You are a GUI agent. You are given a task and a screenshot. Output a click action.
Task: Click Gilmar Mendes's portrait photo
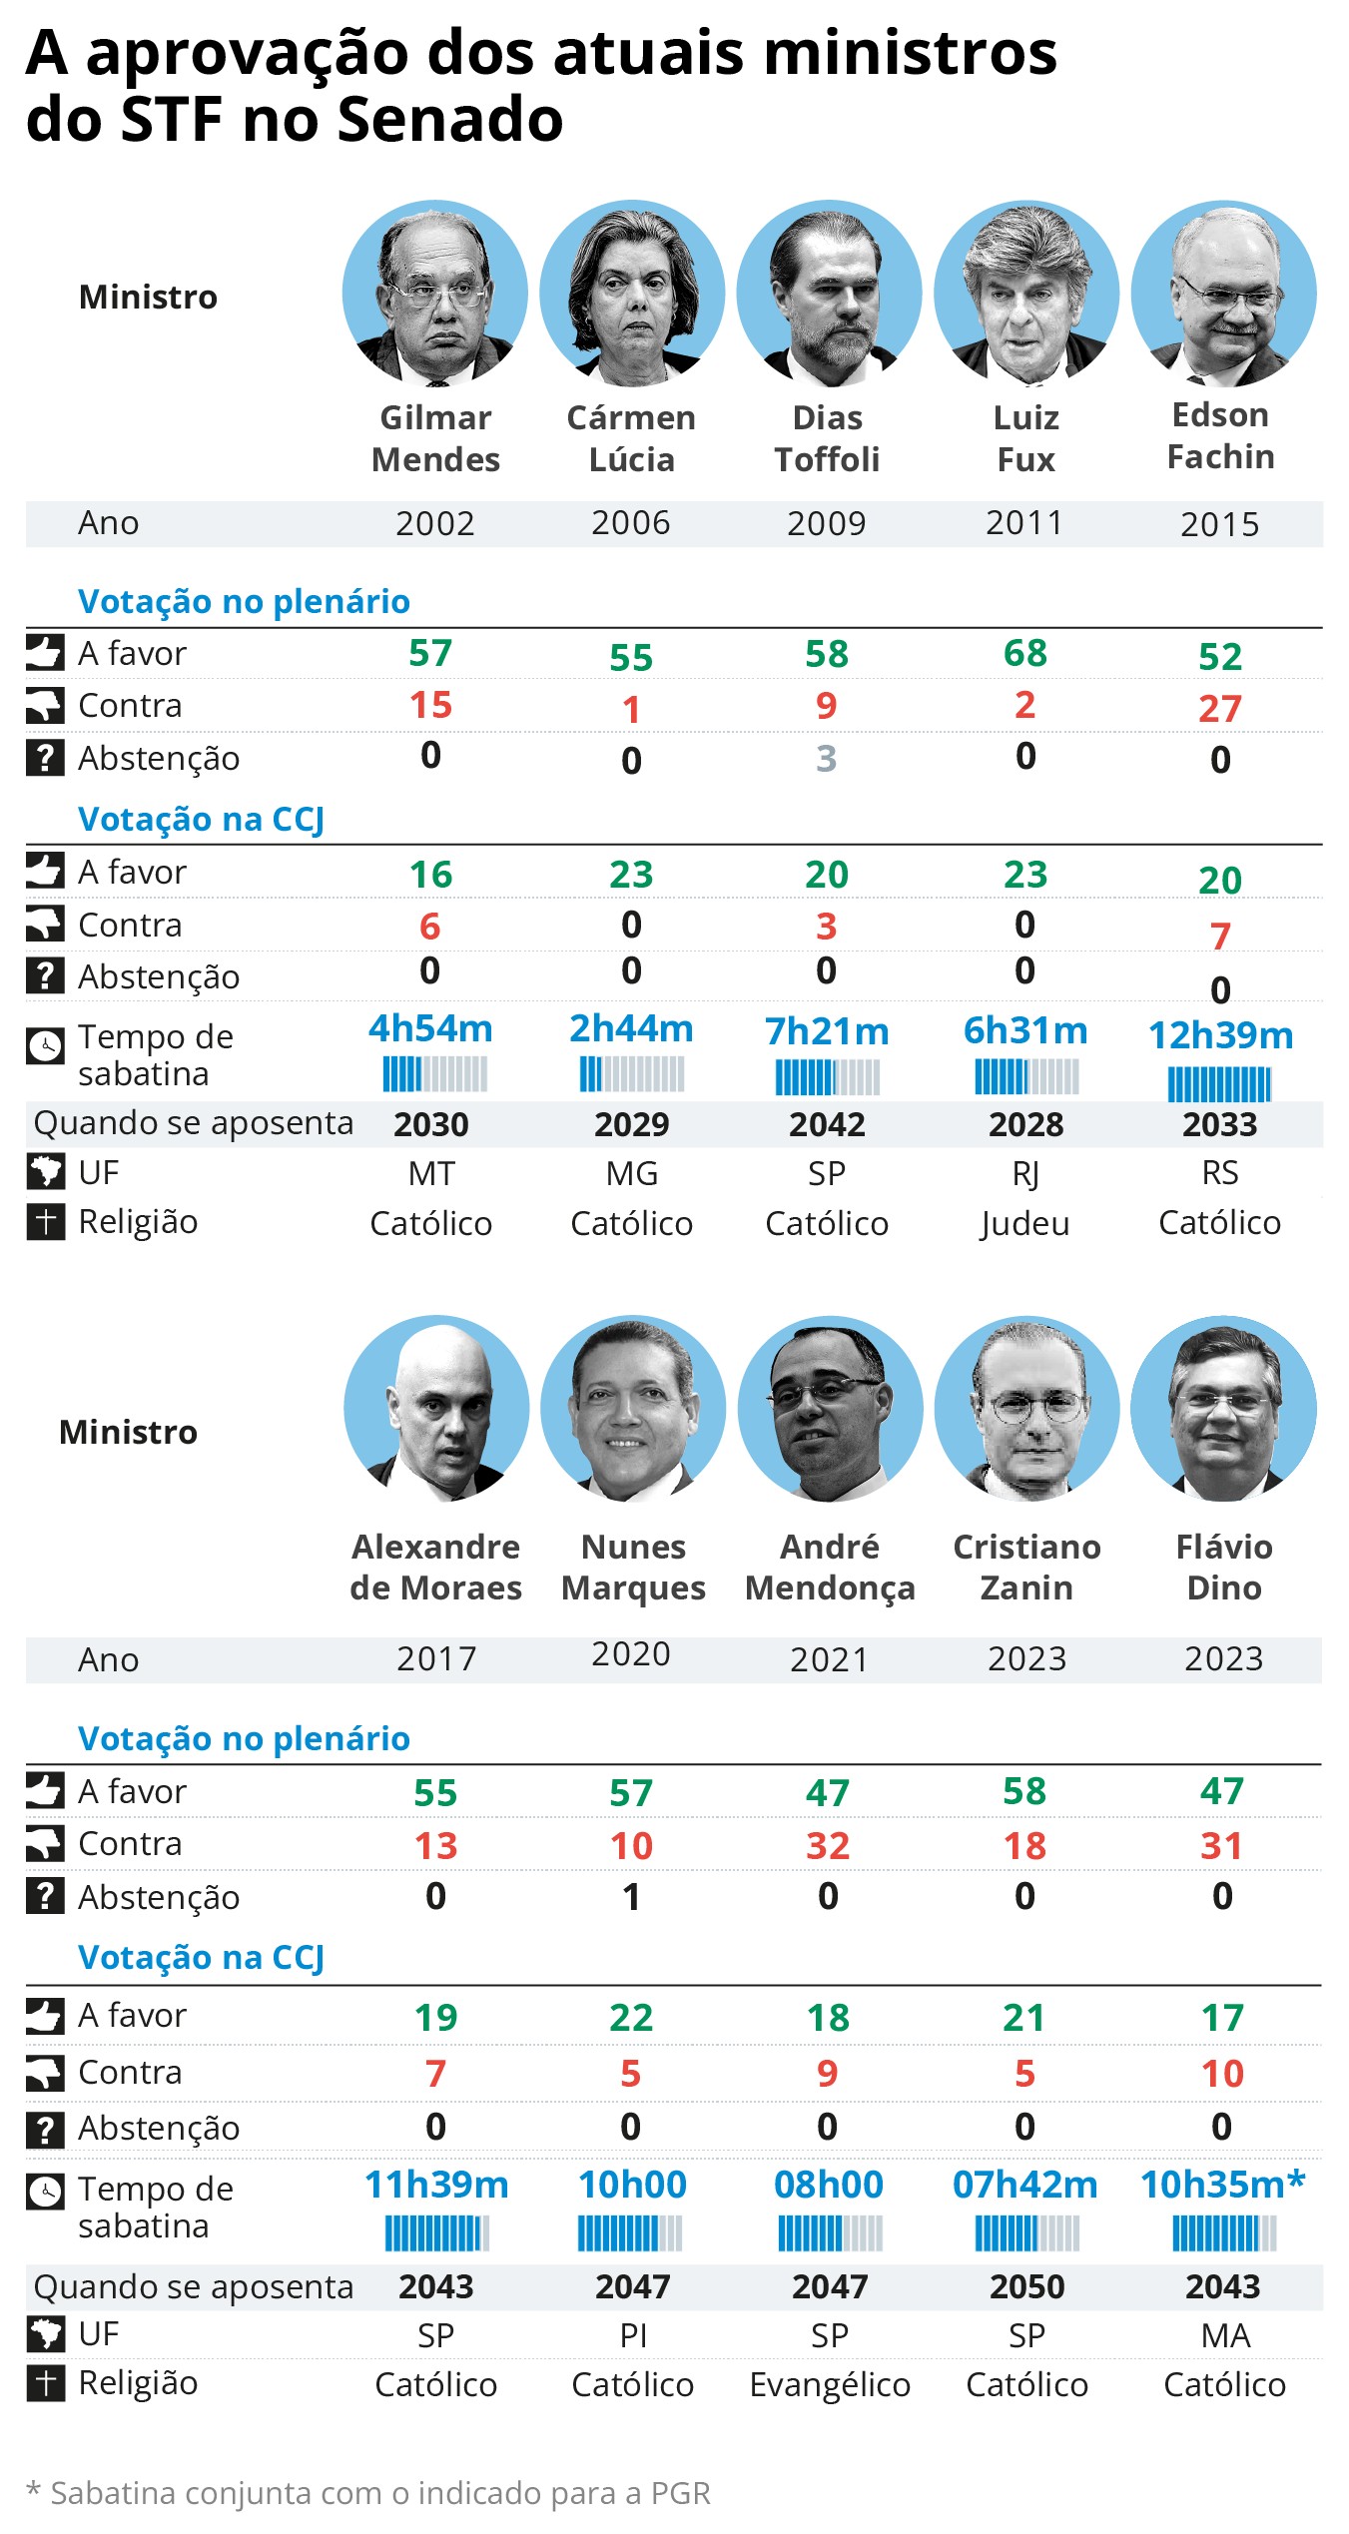click(x=434, y=294)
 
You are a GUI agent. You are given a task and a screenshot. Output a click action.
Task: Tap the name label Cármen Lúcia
click(x=631, y=438)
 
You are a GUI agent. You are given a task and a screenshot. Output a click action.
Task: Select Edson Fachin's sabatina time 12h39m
click(x=1220, y=1035)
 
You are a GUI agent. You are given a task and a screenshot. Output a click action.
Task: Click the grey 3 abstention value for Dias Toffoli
click(x=826, y=759)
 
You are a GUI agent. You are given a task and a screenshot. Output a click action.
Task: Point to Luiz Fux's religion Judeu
click(x=1025, y=1223)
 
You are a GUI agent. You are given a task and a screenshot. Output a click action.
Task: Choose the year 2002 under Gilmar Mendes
click(x=434, y=524)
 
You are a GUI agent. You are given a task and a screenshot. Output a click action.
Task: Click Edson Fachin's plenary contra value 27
click(x=1220, y=709)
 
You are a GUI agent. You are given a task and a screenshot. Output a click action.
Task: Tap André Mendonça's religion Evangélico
click(x=830, y=2384)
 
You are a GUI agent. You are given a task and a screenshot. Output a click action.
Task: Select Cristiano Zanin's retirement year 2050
click(x=1026, y=2286)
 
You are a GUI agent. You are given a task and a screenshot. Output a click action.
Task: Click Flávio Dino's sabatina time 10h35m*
click(x=1222, y=2185)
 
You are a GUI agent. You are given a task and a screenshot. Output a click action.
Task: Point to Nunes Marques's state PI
click(x=633, y=2335)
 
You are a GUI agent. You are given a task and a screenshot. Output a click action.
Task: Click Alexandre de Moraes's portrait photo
click(x=436, y=1408)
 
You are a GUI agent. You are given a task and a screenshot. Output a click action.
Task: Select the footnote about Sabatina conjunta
click(x=367, y=2493)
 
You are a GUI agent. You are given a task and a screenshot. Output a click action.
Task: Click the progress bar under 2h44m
click(x=631, y=1074)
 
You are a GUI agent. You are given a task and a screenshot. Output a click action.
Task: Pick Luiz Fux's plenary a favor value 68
click(x=1025, y=653)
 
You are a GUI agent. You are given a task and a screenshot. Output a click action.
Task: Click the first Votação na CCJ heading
click(x=201, y=819)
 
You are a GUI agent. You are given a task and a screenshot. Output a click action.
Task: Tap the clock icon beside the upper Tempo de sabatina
click(x=45, y=1045)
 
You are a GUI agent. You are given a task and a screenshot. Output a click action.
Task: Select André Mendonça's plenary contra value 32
click(x=828, y=1846)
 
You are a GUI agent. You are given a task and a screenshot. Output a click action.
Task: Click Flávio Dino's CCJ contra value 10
click(x=1222, y=2074)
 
